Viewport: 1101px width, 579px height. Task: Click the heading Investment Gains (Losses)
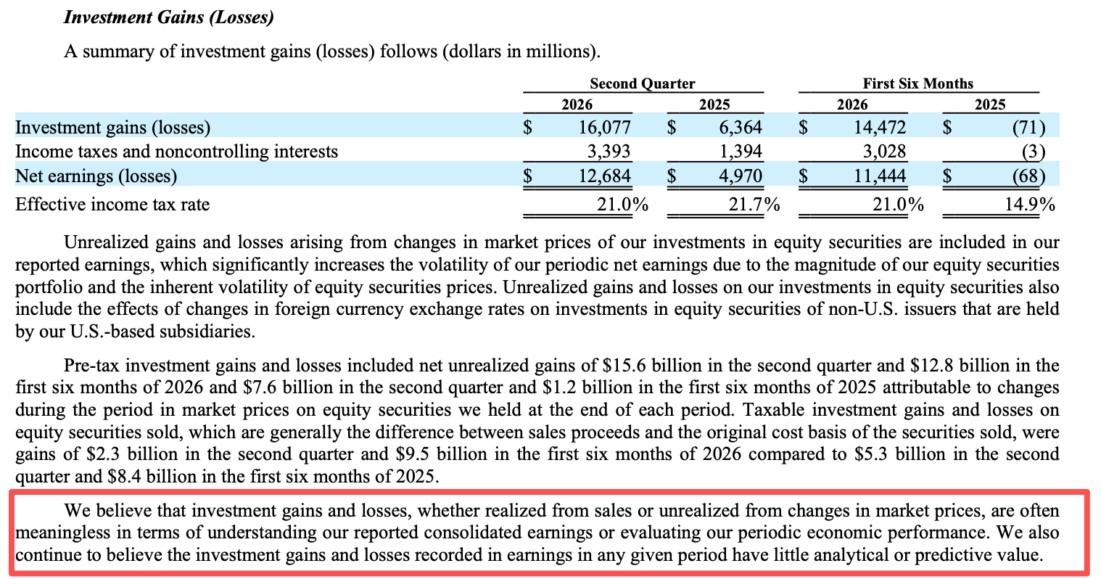click(x=168, y=17)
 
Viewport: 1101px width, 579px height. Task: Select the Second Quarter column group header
click(x=643, y=83)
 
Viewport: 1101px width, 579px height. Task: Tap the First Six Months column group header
click(x=917, y=83)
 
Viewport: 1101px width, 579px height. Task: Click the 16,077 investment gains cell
click(x=604, y=127)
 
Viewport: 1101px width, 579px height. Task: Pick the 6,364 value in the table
click(x=741, y=127)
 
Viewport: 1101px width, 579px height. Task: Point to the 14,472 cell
click(x=879, y=127)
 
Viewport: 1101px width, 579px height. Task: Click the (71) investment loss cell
click(x=1028, y=128)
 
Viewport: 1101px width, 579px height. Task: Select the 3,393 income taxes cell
click(x=609, y=152)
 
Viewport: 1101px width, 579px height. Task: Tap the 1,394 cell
click(x=741, y=152)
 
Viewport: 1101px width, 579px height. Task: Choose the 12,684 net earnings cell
click(x=604, y=176)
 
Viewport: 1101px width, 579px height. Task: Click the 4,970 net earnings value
click(x=741, y=176)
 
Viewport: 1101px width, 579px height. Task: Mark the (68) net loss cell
click(x=1028, y=176)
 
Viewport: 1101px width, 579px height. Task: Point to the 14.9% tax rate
click(x=1029, y=204)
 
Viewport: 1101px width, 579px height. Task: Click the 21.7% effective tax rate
click(x=754, y=204)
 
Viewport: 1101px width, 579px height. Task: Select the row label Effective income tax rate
click(x=112, y=204)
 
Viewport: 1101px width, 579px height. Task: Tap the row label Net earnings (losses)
click(x=96, y=176)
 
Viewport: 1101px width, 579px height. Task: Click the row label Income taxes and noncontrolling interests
click(x=176, y=152)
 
